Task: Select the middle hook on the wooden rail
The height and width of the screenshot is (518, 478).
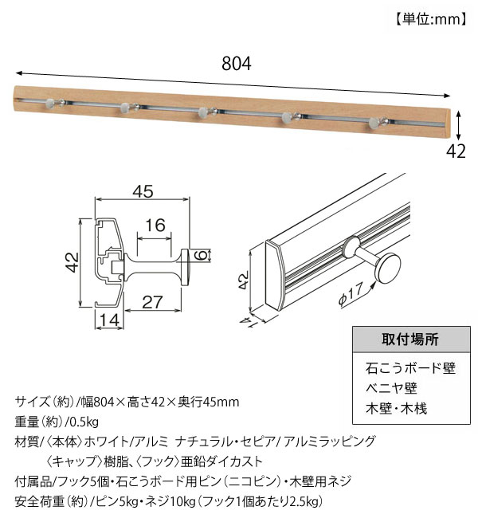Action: point(204,112)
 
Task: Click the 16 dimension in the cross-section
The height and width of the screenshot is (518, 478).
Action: point(156,226)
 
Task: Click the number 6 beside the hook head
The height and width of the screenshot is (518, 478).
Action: point(202,255)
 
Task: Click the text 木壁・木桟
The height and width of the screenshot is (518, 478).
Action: point(398,410)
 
